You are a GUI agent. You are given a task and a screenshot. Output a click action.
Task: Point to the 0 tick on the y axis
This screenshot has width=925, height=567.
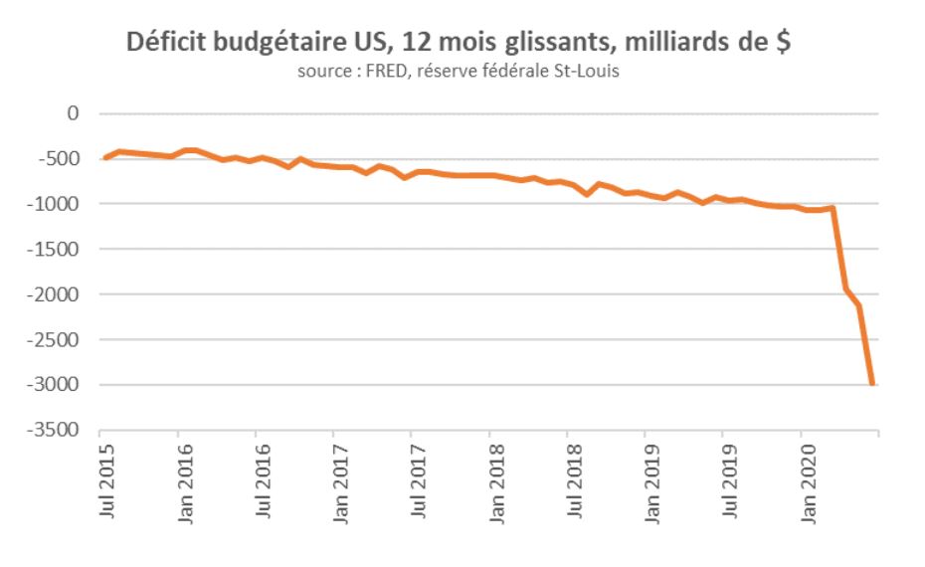tap(72, 113)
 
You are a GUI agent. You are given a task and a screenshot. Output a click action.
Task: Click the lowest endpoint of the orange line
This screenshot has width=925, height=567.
tap(872, 383)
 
